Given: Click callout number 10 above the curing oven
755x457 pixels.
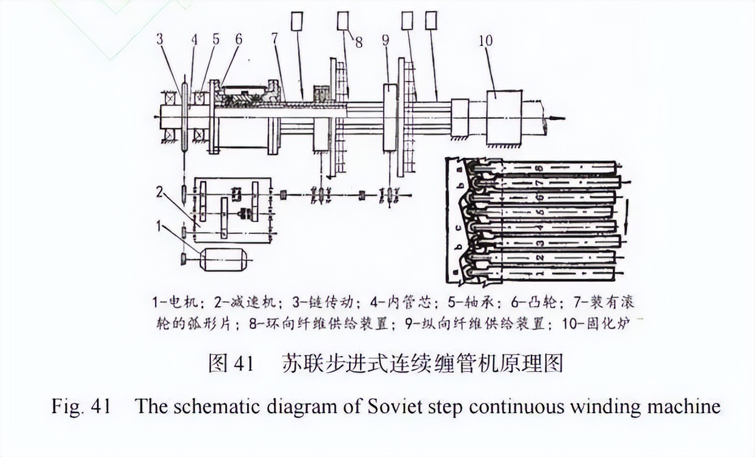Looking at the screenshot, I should click(x=485, y=41).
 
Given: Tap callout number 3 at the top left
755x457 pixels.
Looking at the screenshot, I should click(x=159, y=40).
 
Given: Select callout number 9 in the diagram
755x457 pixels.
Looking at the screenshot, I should click(x=385, y=42).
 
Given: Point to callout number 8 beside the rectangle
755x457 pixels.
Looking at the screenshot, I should click(x=359, y=42).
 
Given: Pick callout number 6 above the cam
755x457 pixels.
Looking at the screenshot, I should click(x=238, y=40).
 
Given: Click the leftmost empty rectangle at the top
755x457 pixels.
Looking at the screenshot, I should click(x=297, y=22).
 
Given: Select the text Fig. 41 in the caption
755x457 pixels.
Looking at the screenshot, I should click(x=81, y=405).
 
